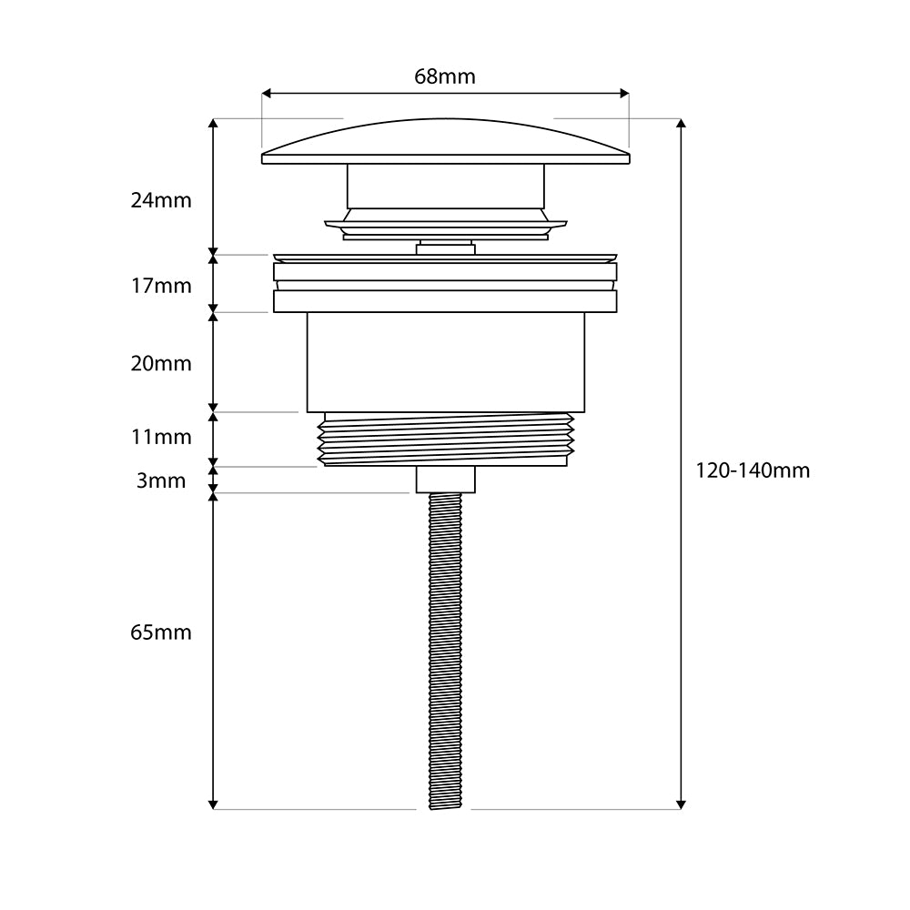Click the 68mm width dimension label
point(445,76)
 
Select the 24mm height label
point(161,200)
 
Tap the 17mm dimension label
point(161,286)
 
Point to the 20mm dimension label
point(161,364)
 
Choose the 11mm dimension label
point(161,437)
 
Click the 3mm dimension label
point(161,480)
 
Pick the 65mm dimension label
point(161,632)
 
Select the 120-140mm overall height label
point(753,470)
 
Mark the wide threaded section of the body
point(445,439)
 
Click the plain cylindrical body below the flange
point(445,362)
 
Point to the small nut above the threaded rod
point(445,480)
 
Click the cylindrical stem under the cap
point(445,186)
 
